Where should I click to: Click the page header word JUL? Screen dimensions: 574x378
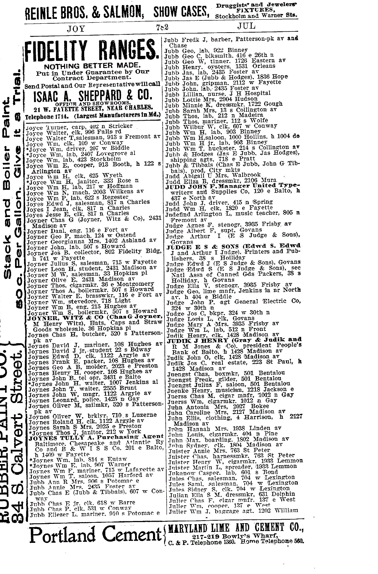246,26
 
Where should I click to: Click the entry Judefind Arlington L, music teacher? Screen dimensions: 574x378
233,213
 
